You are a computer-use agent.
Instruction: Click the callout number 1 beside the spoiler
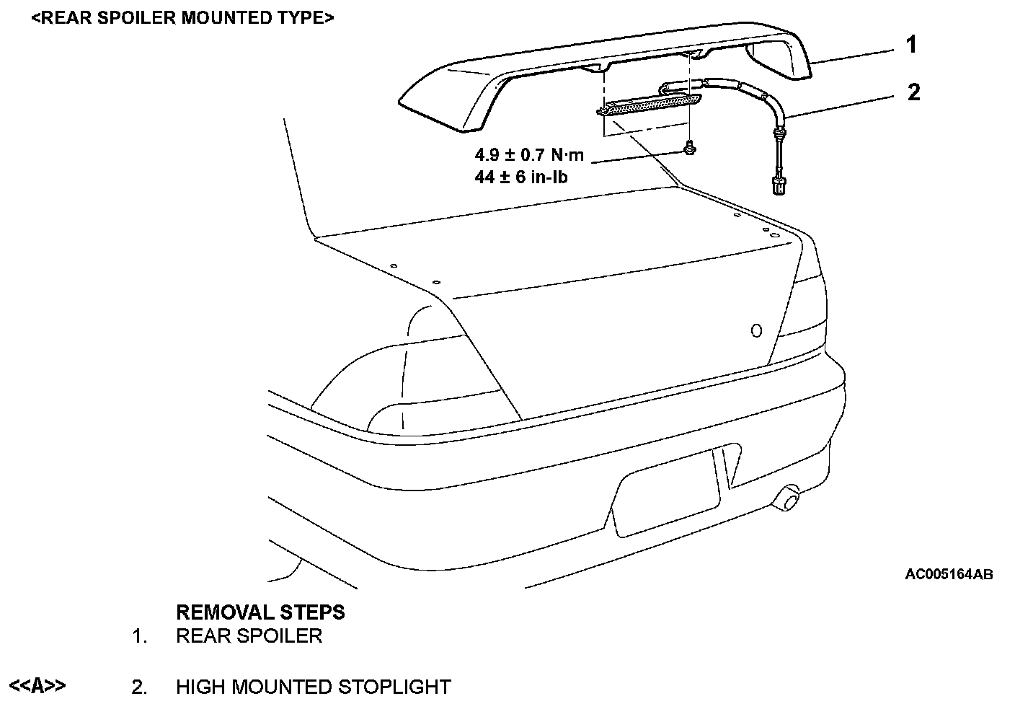pos(911,45)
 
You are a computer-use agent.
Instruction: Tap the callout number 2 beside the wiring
pos(913,92)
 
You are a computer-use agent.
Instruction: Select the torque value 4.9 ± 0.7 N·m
pos(528,154)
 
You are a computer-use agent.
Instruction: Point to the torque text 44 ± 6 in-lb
pos(520,175)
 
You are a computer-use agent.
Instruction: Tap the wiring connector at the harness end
pos(776,184)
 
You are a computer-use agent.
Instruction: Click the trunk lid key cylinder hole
pos(756,330)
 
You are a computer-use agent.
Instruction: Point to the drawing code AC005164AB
pos(949,575)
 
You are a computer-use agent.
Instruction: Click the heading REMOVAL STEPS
pos(260,612)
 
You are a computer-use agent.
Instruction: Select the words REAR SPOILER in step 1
pos(249,635)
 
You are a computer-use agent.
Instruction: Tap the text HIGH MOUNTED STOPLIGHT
pos(313,687)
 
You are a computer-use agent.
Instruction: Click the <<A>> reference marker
pos(37,685)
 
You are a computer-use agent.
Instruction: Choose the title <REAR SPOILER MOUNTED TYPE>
pos(182,17)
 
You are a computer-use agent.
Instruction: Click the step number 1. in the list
pos(140,636)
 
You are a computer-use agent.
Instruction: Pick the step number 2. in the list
pos(140,687)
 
